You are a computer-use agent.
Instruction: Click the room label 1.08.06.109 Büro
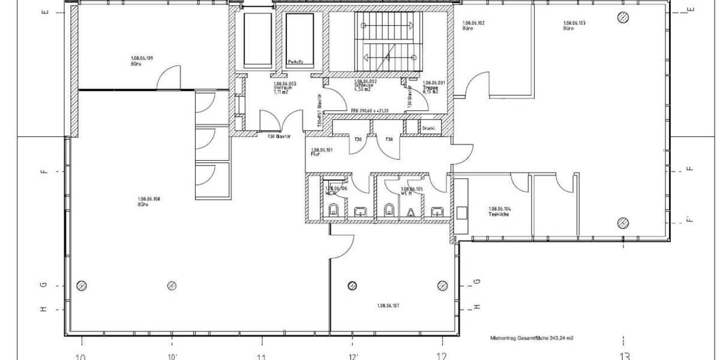142,61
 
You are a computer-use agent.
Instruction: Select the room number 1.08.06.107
389,305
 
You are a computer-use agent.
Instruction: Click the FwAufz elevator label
295,61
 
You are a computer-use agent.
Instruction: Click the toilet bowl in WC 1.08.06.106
334,210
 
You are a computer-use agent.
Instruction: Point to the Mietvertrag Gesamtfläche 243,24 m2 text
531,339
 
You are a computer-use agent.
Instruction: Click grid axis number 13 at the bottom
625,356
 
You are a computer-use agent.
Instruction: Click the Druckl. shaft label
428,128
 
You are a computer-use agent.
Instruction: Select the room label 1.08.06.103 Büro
574,26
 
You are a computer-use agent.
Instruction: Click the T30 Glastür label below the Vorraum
280,136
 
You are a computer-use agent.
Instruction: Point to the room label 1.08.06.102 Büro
473,26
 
